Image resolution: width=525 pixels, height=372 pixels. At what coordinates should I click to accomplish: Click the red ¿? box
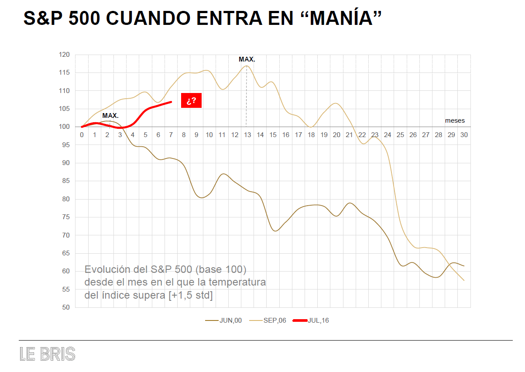click(191, 101)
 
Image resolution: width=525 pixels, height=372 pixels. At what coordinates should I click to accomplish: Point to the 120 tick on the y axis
click(64, 55)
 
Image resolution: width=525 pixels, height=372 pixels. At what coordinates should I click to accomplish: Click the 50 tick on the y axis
click(66, 307)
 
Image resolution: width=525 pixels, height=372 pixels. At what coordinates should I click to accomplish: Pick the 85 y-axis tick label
click(66, 181)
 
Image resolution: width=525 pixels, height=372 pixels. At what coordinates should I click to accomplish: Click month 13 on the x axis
click(247, 135)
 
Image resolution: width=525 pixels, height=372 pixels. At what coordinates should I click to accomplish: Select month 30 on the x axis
click(464, 135)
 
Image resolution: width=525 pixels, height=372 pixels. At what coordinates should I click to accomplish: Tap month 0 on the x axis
click(82, 135)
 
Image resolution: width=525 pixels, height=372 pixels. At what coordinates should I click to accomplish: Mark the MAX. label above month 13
click(247, 59)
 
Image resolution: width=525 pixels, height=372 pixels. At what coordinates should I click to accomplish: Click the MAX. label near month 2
click(110, 116)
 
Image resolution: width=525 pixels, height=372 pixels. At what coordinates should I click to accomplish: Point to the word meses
click(455, 121)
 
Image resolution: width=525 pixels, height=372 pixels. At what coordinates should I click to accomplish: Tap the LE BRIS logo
click(48, 354)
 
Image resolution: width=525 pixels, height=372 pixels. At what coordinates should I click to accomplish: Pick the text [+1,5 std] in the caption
click(191, 296)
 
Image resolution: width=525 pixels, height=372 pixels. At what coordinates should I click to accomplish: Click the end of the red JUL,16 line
click(171, 102)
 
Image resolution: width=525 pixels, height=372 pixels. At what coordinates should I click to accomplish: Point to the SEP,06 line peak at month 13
click(247, 66)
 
